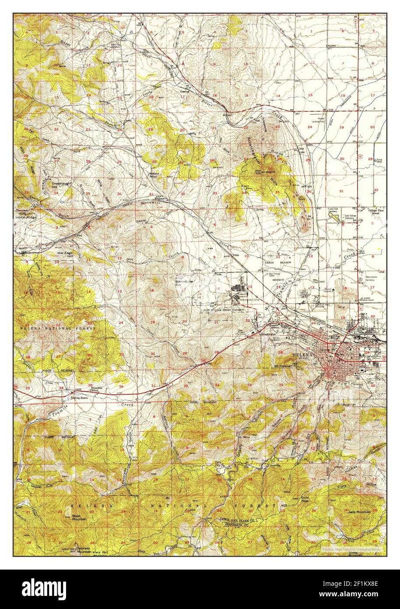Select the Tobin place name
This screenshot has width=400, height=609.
coord(237,255)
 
